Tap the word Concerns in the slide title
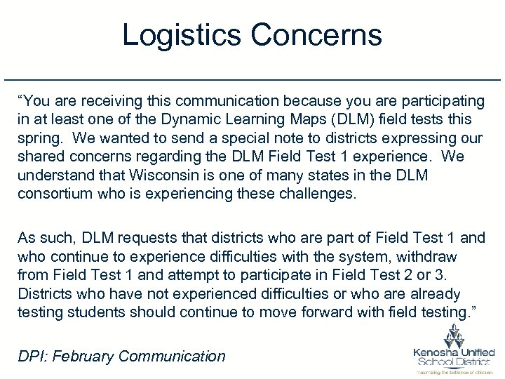point(314,34)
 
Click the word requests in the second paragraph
point(139,238)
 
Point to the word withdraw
point(429,256)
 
